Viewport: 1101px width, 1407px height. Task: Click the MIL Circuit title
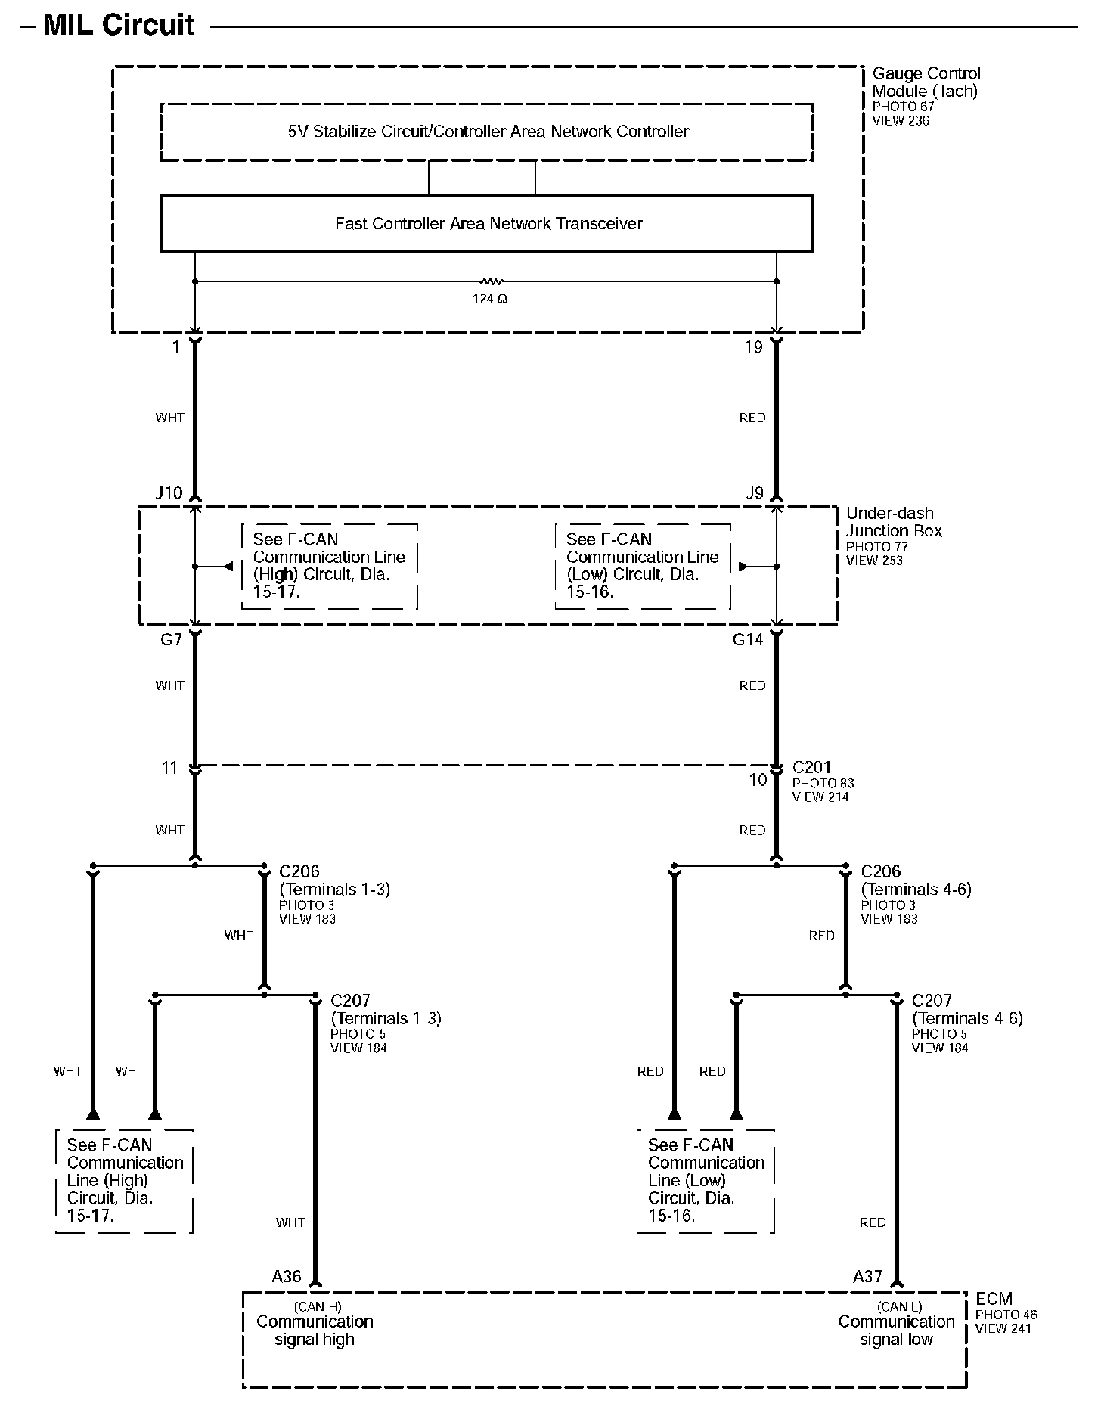(x=119, y=25)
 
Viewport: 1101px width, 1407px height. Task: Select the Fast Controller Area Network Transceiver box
(x=487, y=224)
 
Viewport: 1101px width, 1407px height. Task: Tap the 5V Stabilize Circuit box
(x=487, y=132)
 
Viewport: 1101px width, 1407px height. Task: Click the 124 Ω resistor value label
(x=490, y=299)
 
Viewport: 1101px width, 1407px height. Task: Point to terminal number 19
(x=753, y=348)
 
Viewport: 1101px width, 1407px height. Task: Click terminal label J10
(x=169, y=493)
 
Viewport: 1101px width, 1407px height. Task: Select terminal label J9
(x=755, y=493)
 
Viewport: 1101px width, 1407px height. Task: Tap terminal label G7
(x=171, y=640)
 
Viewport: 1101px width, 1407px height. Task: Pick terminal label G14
(x=748, y=640)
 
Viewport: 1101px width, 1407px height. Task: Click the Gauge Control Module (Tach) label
(x=926, y=82)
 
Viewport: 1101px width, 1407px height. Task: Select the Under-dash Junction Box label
(x=894, y=522)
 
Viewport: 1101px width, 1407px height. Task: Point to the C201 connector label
(x=811, y=767)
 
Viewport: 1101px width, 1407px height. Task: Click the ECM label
(x=994, y=1299)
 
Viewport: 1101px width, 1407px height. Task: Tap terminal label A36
(x=287, y=1277)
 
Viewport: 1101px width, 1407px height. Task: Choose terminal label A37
(x=867, y=1277)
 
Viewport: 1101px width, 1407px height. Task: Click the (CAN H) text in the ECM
(x=318, y=1306)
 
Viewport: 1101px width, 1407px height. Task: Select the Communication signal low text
(x=896, y=1331)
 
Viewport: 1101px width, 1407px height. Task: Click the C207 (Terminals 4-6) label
(x=966, y=1010)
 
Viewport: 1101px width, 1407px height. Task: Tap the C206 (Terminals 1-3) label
(x=334, y=881)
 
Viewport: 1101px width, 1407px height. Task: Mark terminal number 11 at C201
(x=169, y=768)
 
